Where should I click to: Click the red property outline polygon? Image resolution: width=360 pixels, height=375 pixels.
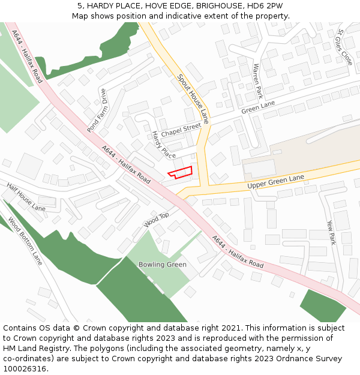pos(181,172)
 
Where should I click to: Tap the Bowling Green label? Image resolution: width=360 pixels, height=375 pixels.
pos(162,265)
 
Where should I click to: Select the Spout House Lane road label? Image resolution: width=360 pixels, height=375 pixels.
pos(193,99)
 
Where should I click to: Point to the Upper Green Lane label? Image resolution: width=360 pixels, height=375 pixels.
pos(276,183)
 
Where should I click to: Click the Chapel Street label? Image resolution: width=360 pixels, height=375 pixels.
pos(181,129)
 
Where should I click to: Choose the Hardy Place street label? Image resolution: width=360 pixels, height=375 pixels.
pos(164,145)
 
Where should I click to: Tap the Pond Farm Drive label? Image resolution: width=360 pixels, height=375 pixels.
pos(97,110)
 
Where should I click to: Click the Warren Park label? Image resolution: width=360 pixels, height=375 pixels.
pos(258,81)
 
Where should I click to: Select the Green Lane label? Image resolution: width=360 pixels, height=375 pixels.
pos(258,108)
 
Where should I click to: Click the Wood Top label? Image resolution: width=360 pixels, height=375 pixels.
pos(157,220)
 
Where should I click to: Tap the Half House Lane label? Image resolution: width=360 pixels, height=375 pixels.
pos(26,197)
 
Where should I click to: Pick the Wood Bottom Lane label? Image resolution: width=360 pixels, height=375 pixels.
pos(25,242)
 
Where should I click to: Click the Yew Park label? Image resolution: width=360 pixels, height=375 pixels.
pos(331,232)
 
